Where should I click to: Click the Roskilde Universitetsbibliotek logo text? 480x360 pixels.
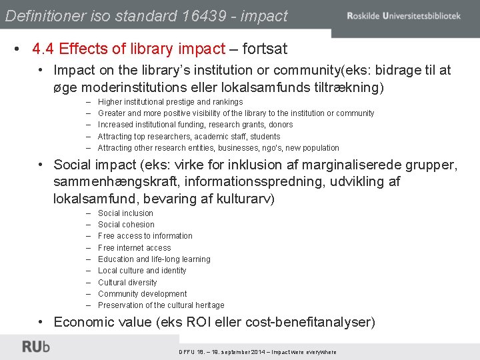(x=403, y=15)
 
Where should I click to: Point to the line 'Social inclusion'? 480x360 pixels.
(x=125, y=213)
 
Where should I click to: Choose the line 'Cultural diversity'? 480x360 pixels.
(x=127, y=283)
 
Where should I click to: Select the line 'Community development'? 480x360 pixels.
(x=142, y=294)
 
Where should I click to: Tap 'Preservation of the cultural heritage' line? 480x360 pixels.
(x=161, y=305)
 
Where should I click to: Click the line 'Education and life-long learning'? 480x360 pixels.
(x=154, y=259)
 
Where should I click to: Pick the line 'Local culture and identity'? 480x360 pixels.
(x=142, y=271)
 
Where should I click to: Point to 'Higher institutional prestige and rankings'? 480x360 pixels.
(x=170, y=102)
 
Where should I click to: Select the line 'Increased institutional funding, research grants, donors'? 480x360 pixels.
(x=195, y=125)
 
